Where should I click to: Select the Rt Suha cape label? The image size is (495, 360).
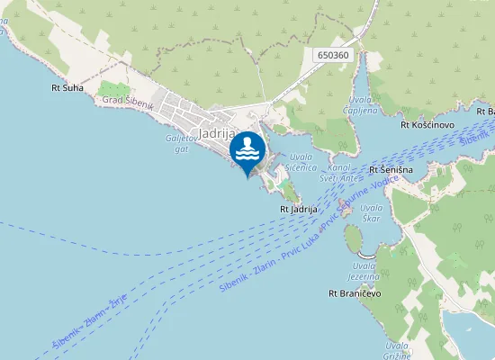67,88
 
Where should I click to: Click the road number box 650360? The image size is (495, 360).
333,56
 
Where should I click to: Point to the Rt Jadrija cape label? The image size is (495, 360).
300,209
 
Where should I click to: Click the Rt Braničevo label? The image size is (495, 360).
355,293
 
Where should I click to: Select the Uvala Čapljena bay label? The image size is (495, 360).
356,105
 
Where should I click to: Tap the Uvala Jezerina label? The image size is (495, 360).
364,272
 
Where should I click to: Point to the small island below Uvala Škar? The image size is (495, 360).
353,238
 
